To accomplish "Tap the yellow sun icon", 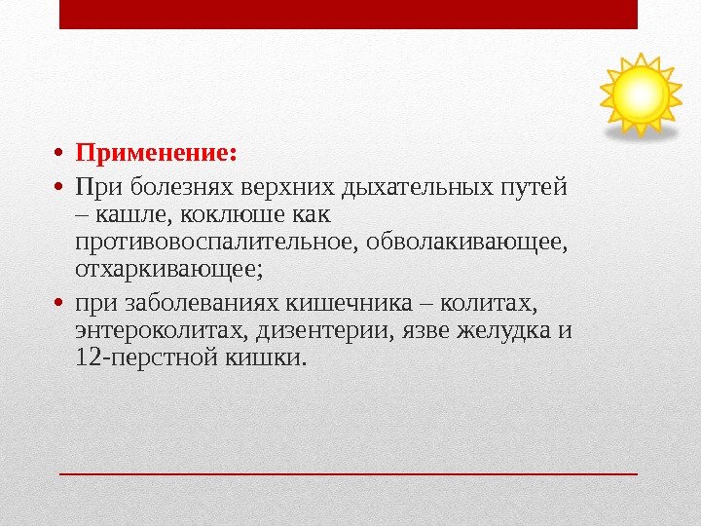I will pyautogui.click(x=641, y=94).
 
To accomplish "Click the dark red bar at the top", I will pyautogui.click(x=349, y=15).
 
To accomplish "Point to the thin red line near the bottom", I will pyautogui.click(x=349, y=473).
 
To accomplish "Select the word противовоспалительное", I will pyautogui.click(x=215, y=239).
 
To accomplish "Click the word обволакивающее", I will pyautogui.click(x=465, y=239).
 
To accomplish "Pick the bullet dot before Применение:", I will pyautogui.click(x=59, y=154).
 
